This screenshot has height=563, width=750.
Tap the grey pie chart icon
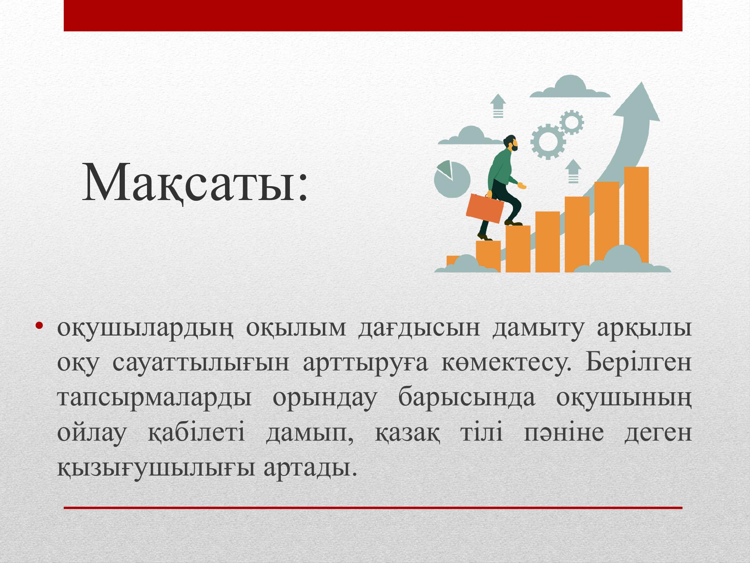[x=452, y=179]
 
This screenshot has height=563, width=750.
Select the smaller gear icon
[x=572, y=122]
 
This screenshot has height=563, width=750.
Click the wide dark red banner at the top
[x=373, y=15]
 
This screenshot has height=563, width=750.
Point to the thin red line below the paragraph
[x=373, y=508]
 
